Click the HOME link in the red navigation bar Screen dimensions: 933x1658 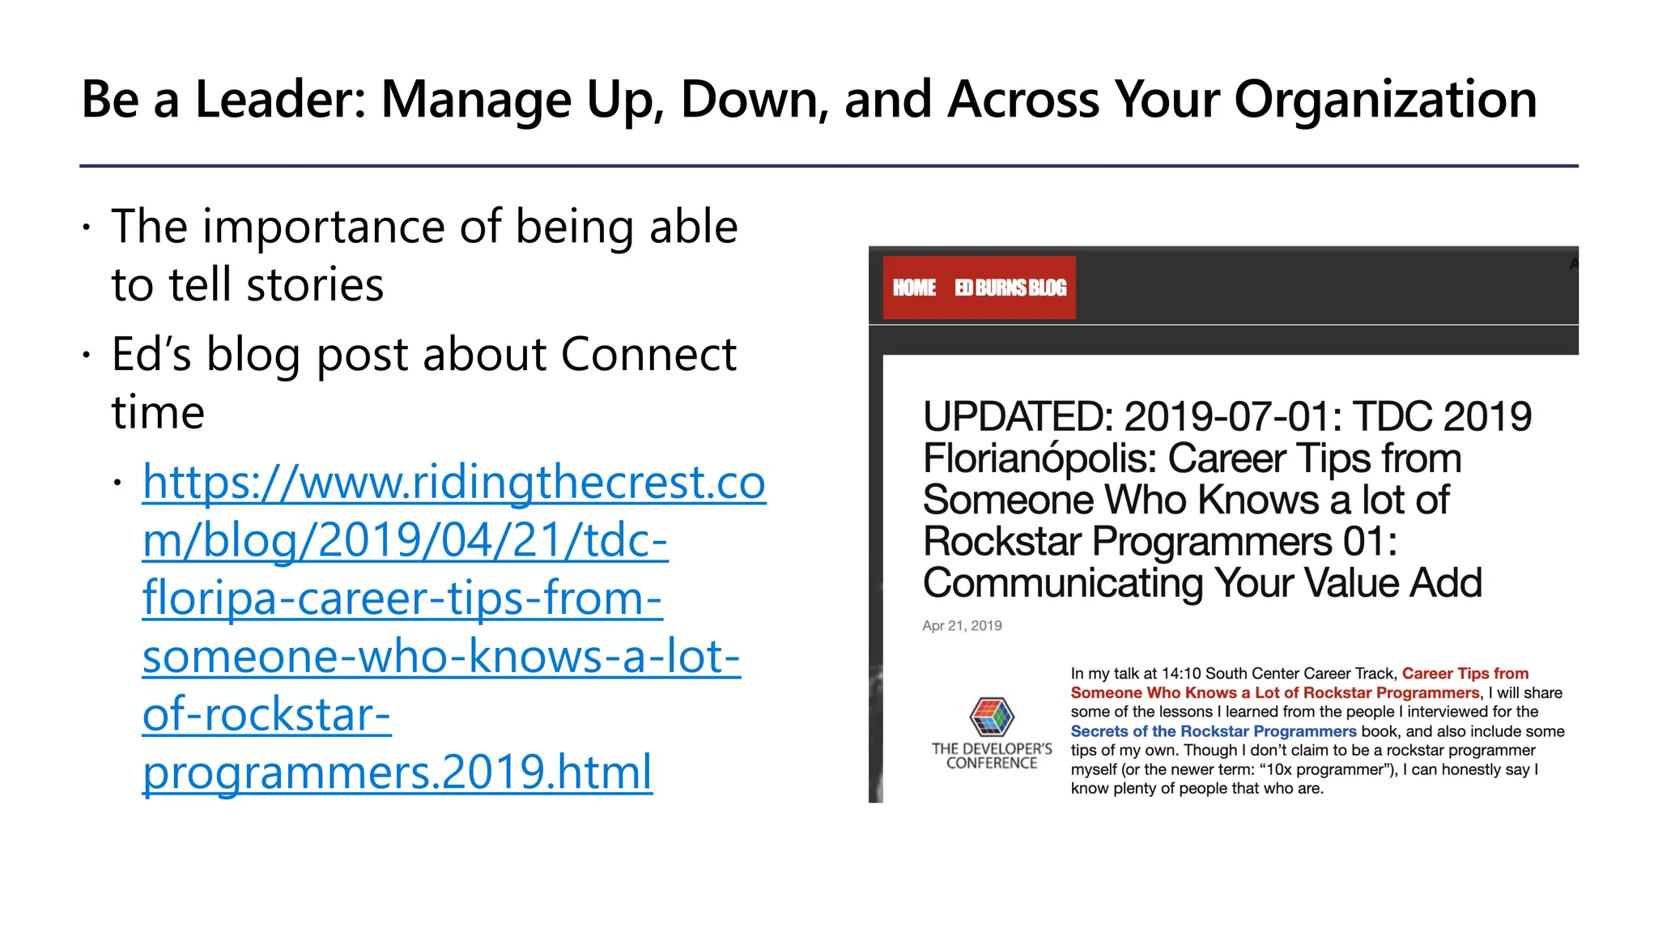[914, 288]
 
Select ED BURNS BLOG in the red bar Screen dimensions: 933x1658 [1010, 288]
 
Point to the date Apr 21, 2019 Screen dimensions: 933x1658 [962, 625]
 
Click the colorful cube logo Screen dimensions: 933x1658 [992, 717]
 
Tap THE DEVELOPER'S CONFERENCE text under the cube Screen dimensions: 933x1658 [992, 756]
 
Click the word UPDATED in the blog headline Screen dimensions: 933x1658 [1018, 417]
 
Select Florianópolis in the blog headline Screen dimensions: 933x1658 [1039, 458]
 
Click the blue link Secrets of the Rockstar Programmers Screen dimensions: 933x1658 [1213, 731]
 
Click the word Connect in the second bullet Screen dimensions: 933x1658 [648, 355]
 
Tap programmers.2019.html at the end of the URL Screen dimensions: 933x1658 [397, 772]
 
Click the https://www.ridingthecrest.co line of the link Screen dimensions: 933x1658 [453, 483]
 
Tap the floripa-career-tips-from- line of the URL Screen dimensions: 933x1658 [402, 599]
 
